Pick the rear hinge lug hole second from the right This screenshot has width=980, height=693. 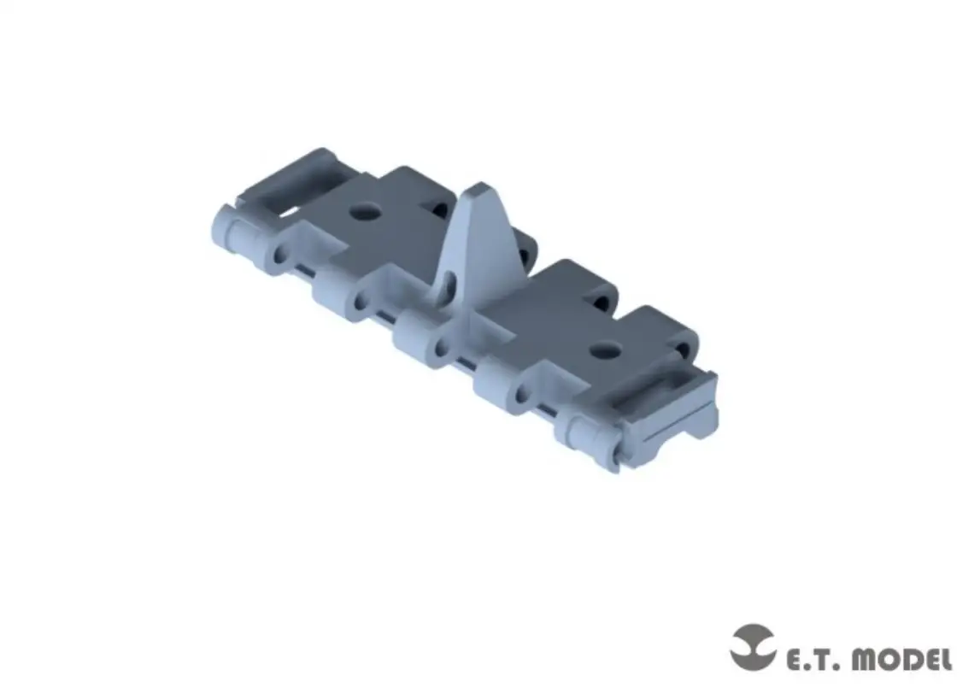[x=602, y=303]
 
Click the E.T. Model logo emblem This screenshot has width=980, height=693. [x=752, y=647]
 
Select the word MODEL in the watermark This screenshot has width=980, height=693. [x=901, y=660]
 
